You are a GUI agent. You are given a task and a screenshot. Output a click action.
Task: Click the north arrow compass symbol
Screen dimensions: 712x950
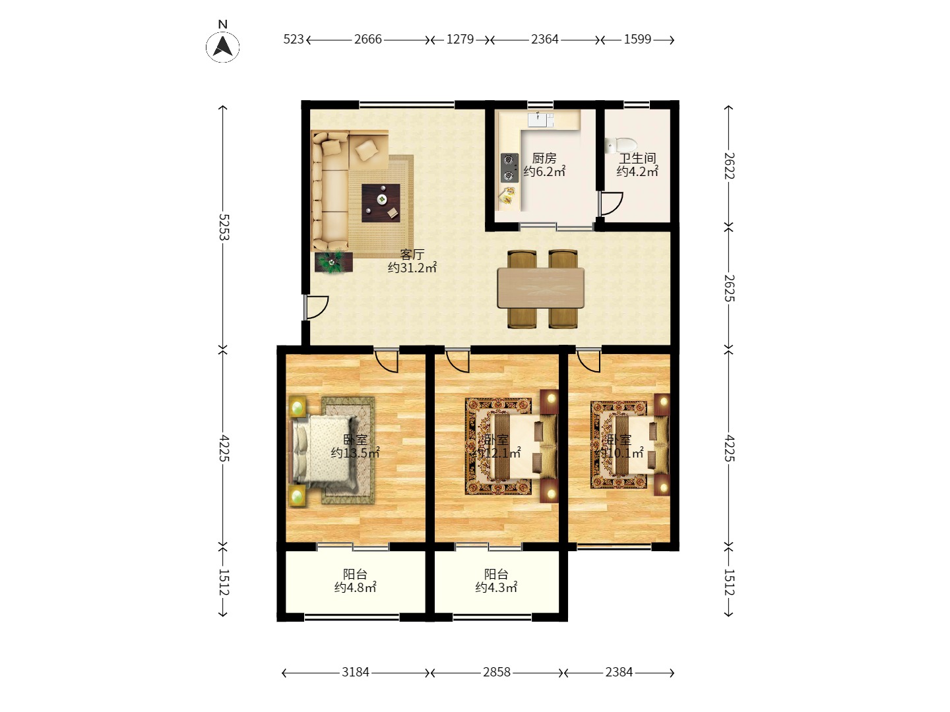(223, 46)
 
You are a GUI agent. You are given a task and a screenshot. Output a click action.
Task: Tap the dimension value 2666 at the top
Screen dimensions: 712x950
(367, 40)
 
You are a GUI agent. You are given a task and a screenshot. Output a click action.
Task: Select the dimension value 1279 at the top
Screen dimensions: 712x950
(460, 40)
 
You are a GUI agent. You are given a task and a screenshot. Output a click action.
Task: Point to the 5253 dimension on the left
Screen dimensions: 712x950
(224, 227)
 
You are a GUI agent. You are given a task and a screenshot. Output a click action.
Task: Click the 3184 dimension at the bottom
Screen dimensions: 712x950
(355, 672)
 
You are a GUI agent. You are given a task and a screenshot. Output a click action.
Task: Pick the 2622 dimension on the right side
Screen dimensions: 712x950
(729, 165)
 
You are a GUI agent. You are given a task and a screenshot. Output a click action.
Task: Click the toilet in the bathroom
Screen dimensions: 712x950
(620, 145)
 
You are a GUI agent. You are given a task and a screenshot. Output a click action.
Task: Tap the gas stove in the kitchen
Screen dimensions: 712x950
(509, 167)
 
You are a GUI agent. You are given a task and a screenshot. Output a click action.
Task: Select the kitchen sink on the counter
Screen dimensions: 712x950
(540, 119)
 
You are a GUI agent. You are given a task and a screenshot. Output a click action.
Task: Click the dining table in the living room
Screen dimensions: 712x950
(540, 287)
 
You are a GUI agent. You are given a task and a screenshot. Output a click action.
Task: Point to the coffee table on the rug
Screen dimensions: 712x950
(381, 202)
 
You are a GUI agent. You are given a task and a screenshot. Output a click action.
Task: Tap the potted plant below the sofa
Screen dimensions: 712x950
(332, 262)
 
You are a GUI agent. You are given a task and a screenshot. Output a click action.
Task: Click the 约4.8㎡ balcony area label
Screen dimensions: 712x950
(355, 587)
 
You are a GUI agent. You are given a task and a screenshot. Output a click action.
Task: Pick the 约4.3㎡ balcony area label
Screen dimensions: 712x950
(496, 587)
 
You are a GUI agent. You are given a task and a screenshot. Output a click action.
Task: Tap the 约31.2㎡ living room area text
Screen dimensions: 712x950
(412, 268)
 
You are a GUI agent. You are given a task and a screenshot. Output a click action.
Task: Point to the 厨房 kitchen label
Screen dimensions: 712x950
(544, 158)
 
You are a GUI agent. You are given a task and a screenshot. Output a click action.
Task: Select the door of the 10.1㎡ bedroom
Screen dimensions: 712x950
(588, 361)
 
